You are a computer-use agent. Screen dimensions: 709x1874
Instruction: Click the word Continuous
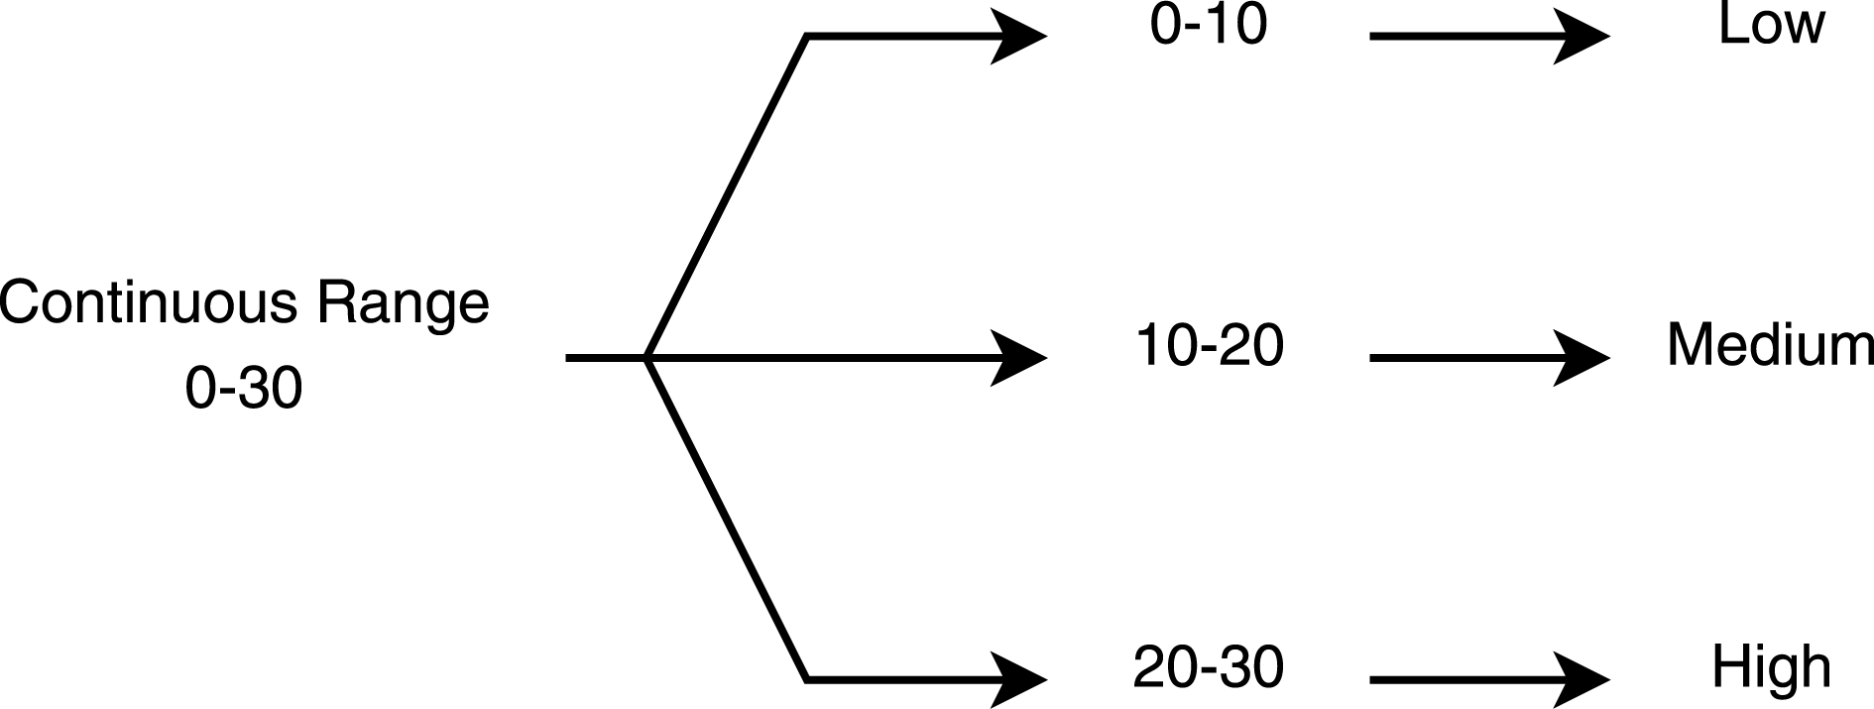tap(148, 302)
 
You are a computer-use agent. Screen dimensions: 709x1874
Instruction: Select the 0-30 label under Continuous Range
tap(244, 388)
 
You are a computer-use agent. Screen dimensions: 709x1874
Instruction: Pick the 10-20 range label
tap(1209, 346)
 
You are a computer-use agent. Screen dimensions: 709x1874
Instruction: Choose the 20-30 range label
tap(1209, 667)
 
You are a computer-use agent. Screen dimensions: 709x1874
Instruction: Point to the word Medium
tap(1771, 346)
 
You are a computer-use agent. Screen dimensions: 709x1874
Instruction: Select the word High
tap(1771, 667)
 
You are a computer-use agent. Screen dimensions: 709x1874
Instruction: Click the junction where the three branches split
tap(646, 357)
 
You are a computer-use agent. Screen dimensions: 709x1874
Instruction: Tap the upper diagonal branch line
tap(727, 196)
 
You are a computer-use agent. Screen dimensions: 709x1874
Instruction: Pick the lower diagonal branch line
tap(727, 518)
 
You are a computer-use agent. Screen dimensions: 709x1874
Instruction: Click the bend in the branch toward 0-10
tap(808, 37)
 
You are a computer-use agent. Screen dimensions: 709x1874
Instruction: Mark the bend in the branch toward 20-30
tap(808, 679)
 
